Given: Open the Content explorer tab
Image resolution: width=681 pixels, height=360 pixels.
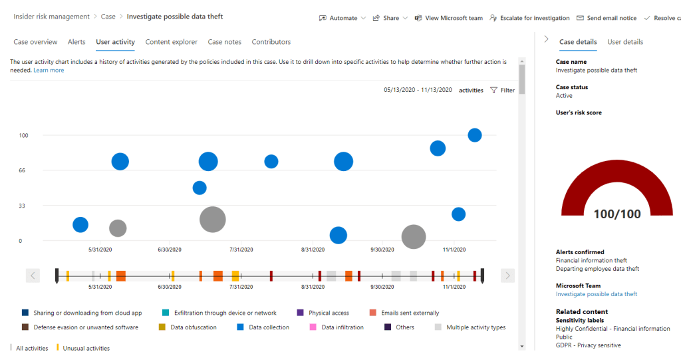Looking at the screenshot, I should (x=171, y=42).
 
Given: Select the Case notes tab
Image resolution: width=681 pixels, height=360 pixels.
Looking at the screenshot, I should (x=224, y=42).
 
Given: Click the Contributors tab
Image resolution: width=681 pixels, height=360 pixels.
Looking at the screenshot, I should (x=271, y=42).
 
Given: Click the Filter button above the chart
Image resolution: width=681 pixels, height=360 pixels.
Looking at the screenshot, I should (x=502, y=90).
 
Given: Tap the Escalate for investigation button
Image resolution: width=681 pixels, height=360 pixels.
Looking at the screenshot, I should (x=529, y=18).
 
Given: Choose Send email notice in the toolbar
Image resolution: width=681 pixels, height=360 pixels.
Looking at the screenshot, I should (x=606, y=18).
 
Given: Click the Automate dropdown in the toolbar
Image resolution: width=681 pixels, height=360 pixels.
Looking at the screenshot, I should (x=342, y=18).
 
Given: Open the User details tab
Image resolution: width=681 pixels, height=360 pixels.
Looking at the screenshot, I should (x=625, y=42).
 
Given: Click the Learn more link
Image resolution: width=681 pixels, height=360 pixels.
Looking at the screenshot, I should (x=49, y=70).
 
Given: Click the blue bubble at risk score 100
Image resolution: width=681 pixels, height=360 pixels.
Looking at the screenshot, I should (x=474, y=135).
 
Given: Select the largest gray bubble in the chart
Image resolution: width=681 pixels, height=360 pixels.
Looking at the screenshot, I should (x=212, y=219).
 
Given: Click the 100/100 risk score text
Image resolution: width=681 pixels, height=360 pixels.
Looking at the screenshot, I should (x=617, y=214).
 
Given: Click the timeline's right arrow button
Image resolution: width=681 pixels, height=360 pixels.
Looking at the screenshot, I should (x=507, y=275).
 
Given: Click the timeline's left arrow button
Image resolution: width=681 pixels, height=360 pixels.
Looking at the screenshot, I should (x=33, y=275).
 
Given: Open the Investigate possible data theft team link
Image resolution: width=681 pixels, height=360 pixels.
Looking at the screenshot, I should (x=596, y=294).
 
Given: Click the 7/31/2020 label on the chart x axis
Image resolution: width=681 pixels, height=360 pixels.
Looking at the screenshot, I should (x=241, y=250).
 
